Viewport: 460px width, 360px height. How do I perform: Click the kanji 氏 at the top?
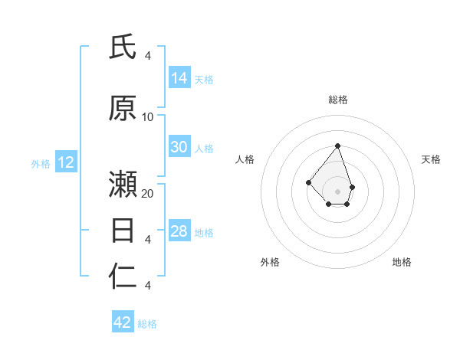pyautogui.click(x=123, y=47)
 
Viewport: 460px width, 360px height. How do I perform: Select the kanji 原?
pyautogui.click(x=123, y=108)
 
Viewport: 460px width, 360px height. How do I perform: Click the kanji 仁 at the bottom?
pyautogui.click(x=123, y=277)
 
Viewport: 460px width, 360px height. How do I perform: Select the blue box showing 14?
pyautogui.click(x=179, y=78)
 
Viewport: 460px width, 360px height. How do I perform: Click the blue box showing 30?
pyautogui.click(x=179, y=147)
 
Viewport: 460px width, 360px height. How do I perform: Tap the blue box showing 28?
pyautogui.click(x=179, y=231)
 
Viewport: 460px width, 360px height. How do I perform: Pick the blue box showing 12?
pyautogui.click(x=66, y=162)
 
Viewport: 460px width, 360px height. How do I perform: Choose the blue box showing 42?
pyautogui.click(x=123, y=322)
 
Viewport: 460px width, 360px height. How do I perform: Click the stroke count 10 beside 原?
pyautogui.click(x=148, y=116)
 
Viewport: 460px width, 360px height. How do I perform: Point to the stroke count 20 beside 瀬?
pyautogui.click(x=148, y=193)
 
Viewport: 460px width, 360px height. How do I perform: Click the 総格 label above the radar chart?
pyautogui.click(x=338, y=100)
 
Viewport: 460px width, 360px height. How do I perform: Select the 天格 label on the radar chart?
pyautogui.click(x=432, y=159)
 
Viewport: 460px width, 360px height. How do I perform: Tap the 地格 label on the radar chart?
pyautogui.click(x=402, y=262)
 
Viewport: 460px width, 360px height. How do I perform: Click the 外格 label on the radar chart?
pyautogui.click(x=270, y=262)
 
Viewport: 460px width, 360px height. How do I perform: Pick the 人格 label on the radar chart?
pyautogui.click(x=245, y=159)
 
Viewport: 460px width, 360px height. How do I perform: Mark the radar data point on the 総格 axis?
pyautogui.click(x=337, y=146)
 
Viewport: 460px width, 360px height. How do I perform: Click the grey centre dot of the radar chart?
pyautogui.click(x=337, y=191)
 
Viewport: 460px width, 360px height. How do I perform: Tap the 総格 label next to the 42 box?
pyautogui.click(x=147, y=324)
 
